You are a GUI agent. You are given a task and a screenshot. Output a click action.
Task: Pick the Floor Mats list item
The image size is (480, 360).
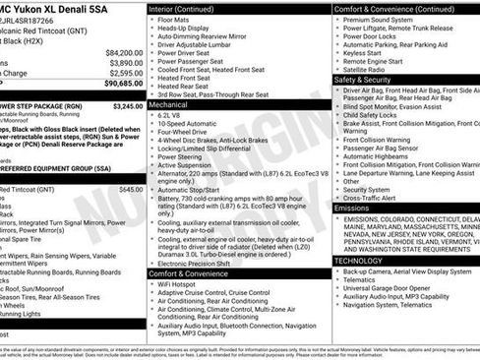(175, 19)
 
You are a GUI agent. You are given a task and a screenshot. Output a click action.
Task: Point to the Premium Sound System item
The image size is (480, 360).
(379, 20)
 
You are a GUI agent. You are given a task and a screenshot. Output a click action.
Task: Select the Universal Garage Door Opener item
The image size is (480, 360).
(387, 287)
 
